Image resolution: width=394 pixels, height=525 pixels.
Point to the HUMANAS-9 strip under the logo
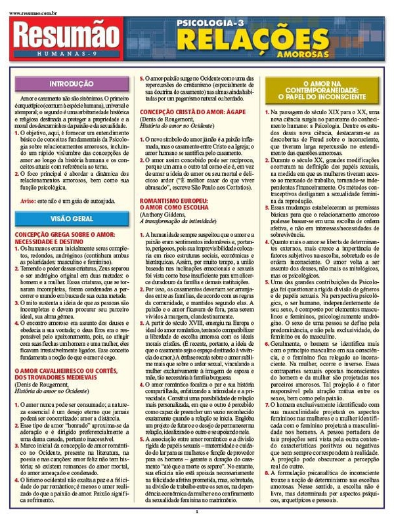64,53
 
